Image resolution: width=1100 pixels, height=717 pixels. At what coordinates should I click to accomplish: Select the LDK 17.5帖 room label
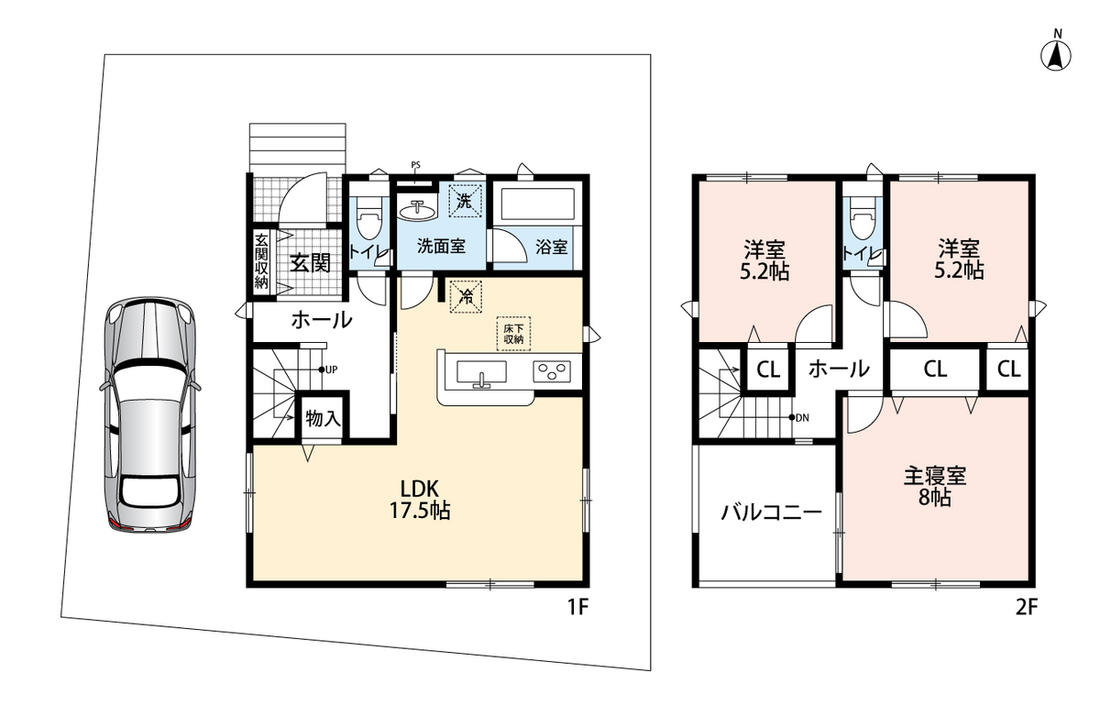click(420, 500)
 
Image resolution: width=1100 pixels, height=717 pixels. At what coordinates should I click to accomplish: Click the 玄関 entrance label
click(310, 263)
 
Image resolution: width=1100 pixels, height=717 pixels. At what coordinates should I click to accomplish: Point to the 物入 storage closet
click(322, 418)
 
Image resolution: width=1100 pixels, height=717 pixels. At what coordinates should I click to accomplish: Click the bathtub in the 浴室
click(537, 204)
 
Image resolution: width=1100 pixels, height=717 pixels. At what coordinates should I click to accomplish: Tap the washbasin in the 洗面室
click(417, 211)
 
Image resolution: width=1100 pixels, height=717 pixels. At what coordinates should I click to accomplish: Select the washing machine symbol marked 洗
click(465, 201)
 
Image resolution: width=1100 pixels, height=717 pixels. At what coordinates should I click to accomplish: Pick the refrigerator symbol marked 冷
click(466, 296)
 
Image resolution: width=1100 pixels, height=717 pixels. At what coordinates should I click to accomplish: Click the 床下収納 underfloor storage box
click(513, 334)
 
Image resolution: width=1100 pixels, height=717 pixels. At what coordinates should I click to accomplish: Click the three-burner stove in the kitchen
click(552, 371)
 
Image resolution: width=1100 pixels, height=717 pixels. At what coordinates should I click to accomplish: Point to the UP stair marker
click(328, 370)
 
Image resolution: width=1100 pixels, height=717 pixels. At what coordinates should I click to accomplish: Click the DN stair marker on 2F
click(798, 418)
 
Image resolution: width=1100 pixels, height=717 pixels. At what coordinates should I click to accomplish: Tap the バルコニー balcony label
click(771, 513)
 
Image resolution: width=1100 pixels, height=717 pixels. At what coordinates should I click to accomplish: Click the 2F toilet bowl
click(863, 220)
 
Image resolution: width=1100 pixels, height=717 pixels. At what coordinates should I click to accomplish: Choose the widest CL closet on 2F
click(935, 369)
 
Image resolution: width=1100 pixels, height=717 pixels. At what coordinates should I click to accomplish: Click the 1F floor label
click(577, 608)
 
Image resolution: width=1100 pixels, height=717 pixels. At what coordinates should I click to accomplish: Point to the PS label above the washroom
click(415, 165)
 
